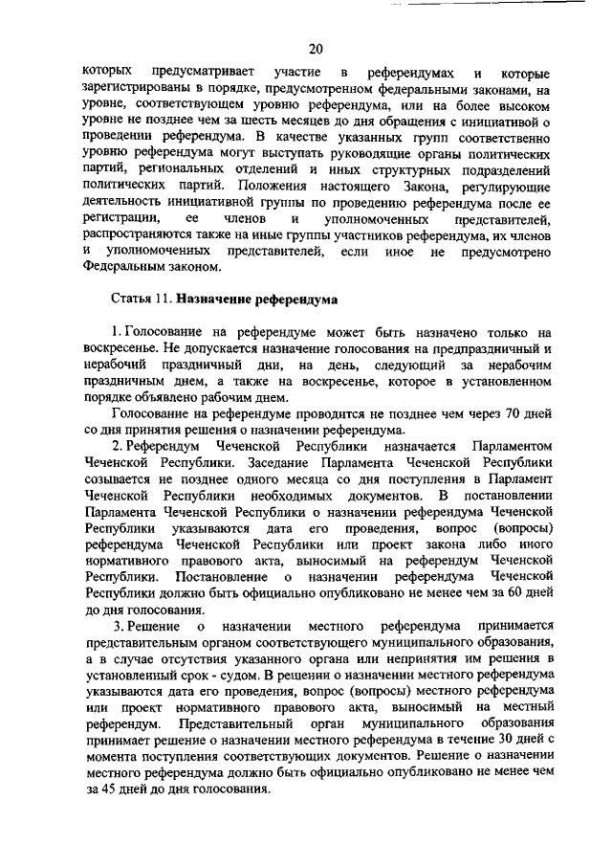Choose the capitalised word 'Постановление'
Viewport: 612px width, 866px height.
click(x=221, y=577)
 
